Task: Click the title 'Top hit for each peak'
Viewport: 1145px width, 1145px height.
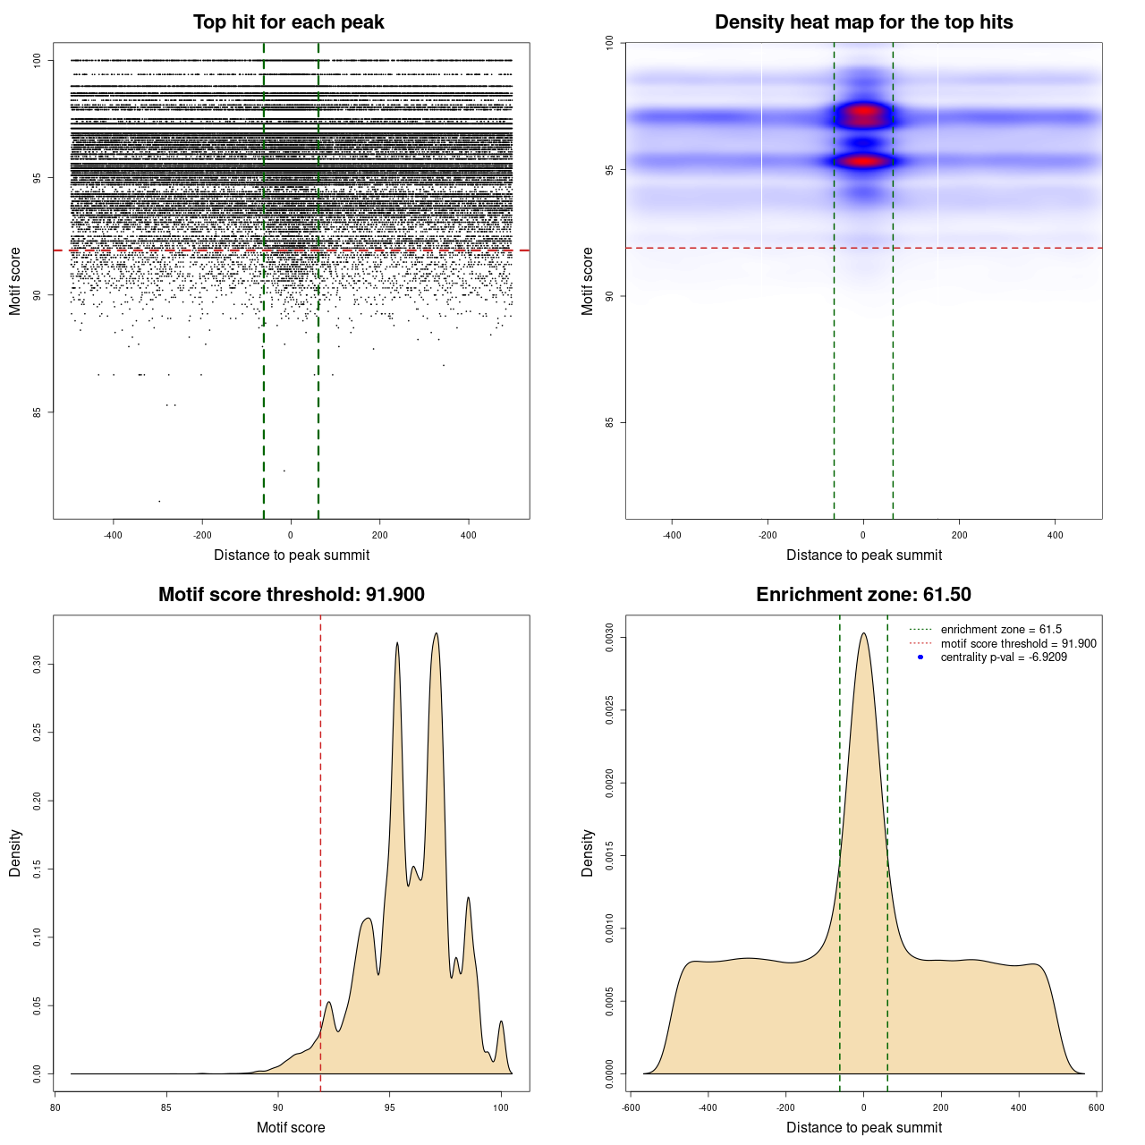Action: (x=288, y=22)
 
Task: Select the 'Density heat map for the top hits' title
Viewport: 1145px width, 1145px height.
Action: (x=863, y=22)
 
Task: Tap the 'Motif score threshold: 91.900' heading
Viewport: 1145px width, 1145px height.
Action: (x=291, y=595)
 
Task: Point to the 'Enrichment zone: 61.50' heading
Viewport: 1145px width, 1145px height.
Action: (x=863, y=595)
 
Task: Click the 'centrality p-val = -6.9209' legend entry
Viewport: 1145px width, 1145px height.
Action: (x=1003, y=657)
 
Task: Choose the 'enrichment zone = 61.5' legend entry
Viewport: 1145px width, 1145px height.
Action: (x=1000, y=630)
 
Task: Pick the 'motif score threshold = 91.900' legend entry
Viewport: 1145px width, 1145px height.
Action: (x=1018, y=644)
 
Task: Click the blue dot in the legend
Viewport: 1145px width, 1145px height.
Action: (x=920, y=657)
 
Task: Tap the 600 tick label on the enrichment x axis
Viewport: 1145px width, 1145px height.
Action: (x=1096, y=1107)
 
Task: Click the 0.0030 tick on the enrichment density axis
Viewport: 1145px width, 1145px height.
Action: (x=609, y=638)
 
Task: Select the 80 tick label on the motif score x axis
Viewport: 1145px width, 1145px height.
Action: (x=55, y=1107)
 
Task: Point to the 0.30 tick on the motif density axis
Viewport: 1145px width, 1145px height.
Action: (x=37, y=665)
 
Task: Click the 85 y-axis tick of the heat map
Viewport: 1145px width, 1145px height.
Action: (x=609, y=422)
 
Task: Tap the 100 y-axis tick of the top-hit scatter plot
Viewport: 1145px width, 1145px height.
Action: (x=37, y=60)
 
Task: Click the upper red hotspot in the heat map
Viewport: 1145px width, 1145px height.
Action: (x=863, y=114)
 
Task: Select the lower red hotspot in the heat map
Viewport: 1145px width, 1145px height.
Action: (x=863, y=162)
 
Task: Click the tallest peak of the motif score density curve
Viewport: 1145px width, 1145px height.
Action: (x=436, y=633)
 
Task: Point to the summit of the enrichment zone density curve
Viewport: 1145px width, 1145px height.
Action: (x=863, y=633)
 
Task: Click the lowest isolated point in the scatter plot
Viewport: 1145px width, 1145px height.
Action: (x=159, y=501)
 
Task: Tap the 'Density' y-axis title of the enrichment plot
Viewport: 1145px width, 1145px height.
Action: (x=588, y=852)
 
